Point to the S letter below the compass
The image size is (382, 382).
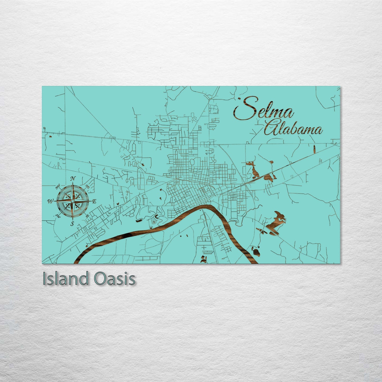pos(72,224)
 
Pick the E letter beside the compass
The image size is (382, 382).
pos(94,201)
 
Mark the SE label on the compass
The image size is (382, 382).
pos(88,216)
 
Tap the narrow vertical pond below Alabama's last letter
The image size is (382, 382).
pos(314,149)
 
